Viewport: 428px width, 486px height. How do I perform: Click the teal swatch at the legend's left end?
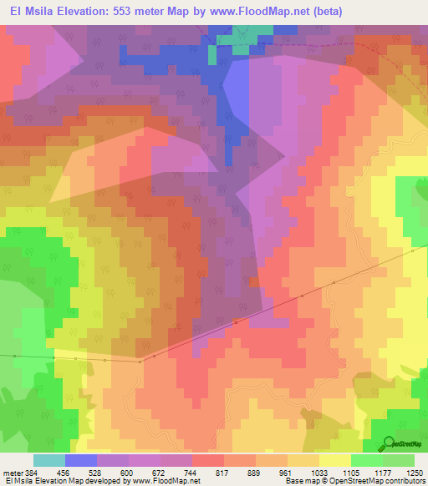click(48, 460)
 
